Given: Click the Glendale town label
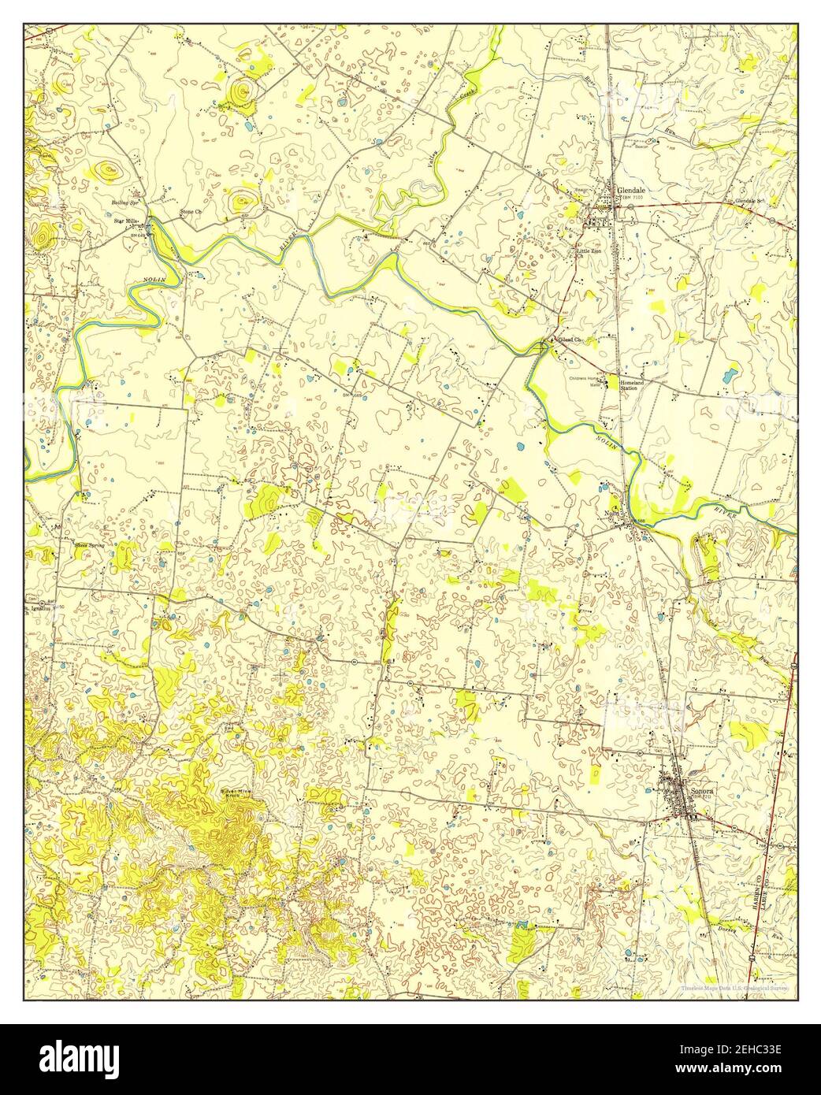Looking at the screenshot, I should pyautogui.click(x=632, y=191).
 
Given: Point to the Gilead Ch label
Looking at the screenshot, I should pyautogui.click(x=570, y=340).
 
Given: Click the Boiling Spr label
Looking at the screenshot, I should pyautogui.click(x=124, y=202).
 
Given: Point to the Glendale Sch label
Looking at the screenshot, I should pyautogui.click(x=750, y=201).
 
